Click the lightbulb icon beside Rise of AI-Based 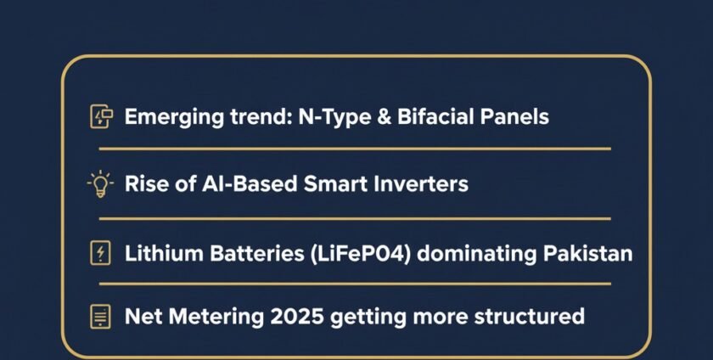coord(101,183)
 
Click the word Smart coord(341,183)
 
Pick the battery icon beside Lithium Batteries coord(101,252)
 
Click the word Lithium coord(158,252)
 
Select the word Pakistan coord(591,252)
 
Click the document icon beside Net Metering coord(101,318)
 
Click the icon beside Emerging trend coord(101,117)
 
